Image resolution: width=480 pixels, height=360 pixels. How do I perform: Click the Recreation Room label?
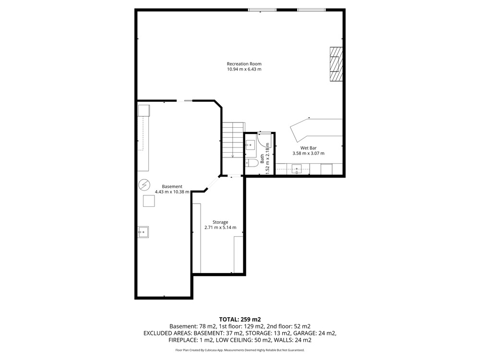[x=244, y=64]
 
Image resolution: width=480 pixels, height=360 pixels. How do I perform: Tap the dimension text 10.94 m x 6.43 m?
[x=244, y=69]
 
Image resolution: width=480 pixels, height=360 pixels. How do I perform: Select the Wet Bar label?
[x=308, y=148]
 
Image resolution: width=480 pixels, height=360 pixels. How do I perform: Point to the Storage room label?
[x=220, y=222]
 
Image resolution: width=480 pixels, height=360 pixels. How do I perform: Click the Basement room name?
[x=172, y=186]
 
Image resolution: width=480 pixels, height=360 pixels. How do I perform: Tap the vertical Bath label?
[x=263, y=158]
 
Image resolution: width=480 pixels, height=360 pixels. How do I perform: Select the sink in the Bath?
[x=251, y=145]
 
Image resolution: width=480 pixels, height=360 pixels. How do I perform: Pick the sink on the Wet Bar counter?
[x=296, y=169]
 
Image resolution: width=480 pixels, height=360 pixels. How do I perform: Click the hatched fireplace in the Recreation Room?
[x=336, y=64]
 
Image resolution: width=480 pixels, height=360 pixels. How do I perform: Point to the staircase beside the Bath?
[x=233, y=140]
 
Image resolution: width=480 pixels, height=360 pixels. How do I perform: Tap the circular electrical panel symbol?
[x=144, y=185]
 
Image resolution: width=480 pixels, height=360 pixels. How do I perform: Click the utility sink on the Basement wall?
[x=143, y=232]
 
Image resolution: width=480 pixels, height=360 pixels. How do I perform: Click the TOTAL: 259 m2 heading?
[x=240, y=320]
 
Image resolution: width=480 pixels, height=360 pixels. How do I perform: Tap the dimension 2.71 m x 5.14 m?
[x=220, y=228]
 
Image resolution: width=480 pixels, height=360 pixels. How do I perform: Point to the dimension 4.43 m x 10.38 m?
[x=172, y=192]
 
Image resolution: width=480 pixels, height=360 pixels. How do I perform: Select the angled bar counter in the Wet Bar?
[x=315, y=130]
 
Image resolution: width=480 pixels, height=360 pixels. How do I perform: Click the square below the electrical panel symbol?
[x=149, y=201]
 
